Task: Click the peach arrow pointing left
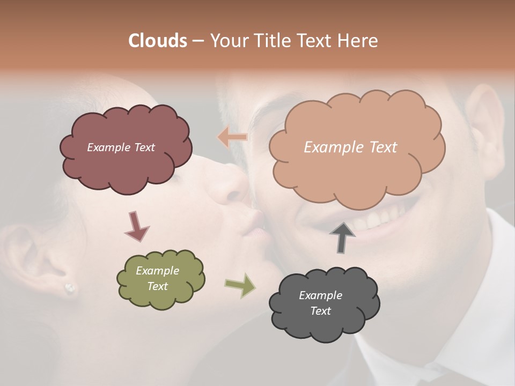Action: point(232,137)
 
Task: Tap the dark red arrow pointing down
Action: point(136,226)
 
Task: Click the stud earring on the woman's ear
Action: point(70,288)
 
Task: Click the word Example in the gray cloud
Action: point(320,295)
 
